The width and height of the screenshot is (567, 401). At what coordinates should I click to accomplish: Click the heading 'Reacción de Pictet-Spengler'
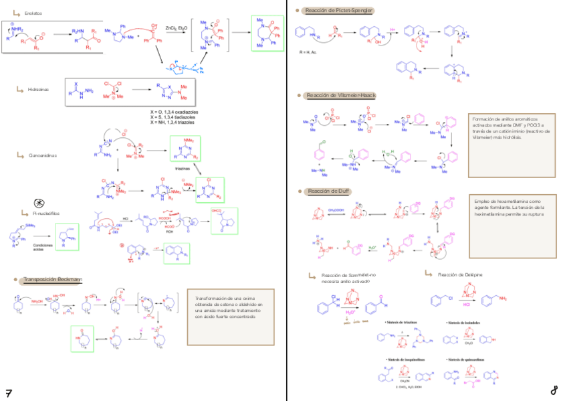click(337, 10)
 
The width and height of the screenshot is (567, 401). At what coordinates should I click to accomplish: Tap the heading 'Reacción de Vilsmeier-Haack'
click(340, 96)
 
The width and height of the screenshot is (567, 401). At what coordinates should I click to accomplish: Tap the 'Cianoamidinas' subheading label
click(40, 155)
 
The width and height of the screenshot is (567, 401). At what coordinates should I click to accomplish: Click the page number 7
click(9, 392)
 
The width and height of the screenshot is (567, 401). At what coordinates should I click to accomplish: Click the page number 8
click(554, 391)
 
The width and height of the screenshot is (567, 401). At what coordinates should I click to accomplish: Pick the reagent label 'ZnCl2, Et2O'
click(177, 27)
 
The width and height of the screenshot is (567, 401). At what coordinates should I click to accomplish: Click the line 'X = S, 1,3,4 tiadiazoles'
click(175, 116)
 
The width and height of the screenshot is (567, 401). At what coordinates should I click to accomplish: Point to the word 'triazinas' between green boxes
click(183, 169)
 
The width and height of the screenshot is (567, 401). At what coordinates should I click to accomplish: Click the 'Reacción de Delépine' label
click(460, 275)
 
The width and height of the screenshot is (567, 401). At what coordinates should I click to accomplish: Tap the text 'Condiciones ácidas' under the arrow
click(43, 248)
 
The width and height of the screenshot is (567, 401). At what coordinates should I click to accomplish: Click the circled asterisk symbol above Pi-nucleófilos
click(39, 202)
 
